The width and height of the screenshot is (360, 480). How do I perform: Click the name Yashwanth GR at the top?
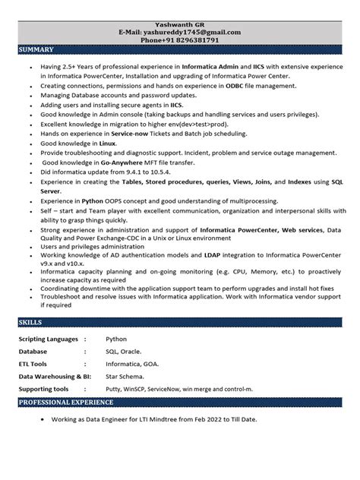pos(180,24)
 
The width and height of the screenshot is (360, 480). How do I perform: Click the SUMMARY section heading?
pos(36,49)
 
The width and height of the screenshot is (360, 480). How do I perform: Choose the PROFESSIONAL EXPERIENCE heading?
pos(66,403)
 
